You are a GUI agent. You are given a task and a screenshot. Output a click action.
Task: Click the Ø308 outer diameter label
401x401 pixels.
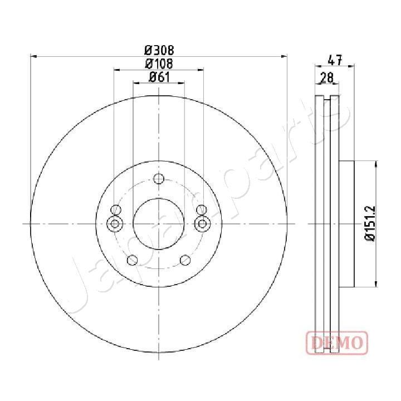point(159,49)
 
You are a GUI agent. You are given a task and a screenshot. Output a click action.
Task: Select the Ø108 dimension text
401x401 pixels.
point(159,63)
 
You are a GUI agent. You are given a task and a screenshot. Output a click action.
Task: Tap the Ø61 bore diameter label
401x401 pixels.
point(159,77)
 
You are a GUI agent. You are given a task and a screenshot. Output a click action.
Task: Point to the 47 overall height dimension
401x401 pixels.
point(335,58)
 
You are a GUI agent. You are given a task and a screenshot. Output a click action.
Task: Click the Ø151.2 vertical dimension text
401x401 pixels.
point(370,223)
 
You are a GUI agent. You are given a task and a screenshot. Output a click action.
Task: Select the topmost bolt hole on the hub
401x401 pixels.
point(159,179)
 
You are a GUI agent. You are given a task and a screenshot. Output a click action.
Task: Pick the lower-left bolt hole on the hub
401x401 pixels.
point(133,260)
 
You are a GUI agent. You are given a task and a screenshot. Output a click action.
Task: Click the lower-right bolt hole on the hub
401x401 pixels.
point(185,260)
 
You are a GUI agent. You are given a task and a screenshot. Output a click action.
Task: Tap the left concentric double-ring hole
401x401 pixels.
point(115,224)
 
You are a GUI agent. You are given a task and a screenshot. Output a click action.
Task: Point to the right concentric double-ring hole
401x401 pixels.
point(203,224)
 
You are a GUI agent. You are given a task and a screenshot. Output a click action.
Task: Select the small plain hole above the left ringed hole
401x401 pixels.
point(116,210)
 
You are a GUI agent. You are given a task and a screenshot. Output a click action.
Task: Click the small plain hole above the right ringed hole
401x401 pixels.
point(202,210)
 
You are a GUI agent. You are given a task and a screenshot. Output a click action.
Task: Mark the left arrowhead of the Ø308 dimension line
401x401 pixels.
point(33,56)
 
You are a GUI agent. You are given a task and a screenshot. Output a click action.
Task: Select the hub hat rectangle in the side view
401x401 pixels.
point(346,223)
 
